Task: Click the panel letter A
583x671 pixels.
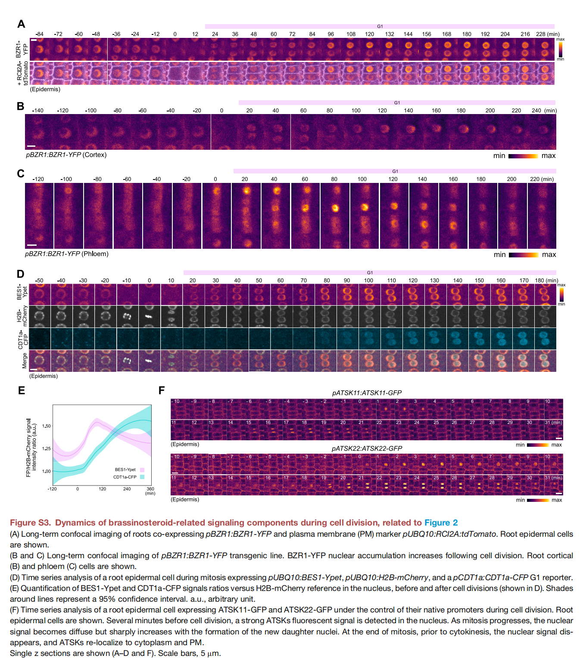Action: [22, 24]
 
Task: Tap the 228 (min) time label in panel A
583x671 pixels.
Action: [548, 34]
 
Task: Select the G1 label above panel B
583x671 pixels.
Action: [397, 102]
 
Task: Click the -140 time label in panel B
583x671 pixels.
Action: [38, 111]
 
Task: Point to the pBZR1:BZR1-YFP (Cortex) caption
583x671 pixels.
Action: [66, 155]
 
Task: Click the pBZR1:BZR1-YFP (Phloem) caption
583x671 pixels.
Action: [67, 254]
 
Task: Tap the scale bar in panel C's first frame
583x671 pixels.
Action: [32, 244]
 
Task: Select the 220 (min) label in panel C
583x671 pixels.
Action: [542, 179]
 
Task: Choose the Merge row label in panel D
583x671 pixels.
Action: [24, 361]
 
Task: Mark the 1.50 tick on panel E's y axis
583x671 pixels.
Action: [46, 426]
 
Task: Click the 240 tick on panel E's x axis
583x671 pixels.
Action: [127, 489]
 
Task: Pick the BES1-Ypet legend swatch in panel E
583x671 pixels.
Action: [142, 470]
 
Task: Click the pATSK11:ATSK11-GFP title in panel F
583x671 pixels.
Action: [367, 393]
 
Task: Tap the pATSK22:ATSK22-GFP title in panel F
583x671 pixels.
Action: [367, 448]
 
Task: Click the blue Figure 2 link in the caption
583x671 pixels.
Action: [441, 523]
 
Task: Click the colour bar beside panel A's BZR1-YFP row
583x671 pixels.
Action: [561, 49]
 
